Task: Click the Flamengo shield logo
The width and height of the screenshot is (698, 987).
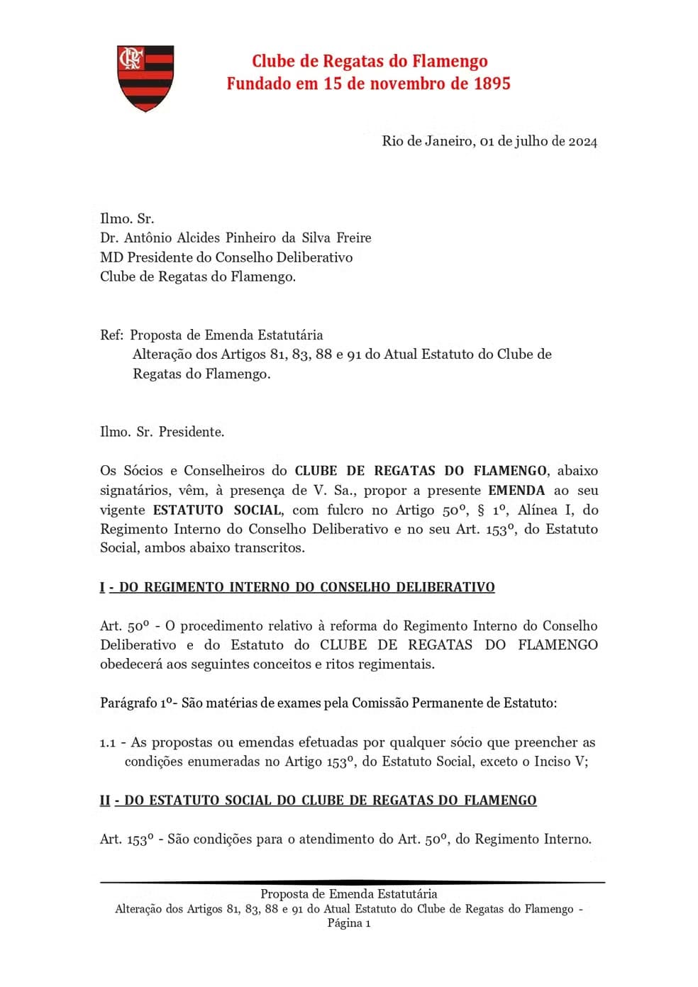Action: pyautogui.click(x=145, y=78)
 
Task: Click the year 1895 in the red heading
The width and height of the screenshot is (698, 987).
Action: pyautogui.click(x=492, y=84)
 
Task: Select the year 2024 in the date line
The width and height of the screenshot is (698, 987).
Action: pyautogui.click(x=582, y=141)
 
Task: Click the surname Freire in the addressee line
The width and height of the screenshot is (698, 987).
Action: pyautogui.click(x=353, y=238)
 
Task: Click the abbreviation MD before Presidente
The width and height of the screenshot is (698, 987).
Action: pyautogui.click(x=111, y=257)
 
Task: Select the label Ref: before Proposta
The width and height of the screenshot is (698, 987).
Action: pyautogui.click(x=112, y=335)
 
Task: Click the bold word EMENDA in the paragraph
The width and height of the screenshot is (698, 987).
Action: pyautogui.click(x=516, y=490)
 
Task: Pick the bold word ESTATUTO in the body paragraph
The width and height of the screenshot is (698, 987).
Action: pyautogui.click(x=187, y=510)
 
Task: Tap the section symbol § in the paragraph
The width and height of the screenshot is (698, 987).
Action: pyautogui.click(x=482, y=510)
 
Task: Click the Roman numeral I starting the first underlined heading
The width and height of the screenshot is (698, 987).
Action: pyautogui.click(x=102, y=587)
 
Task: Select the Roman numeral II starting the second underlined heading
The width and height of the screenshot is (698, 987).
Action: pyautogui.click(x=105, y=801)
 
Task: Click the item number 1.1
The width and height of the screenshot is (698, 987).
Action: pyautogui.click(x=108, y=742)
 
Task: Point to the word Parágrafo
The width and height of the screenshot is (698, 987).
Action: pyautogui.click(x=128, y=703)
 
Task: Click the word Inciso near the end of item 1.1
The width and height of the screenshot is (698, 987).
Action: pyautogui.click(x=548, y=762)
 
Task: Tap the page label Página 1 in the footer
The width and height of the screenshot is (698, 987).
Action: pyautogui.click(x=349, y=923)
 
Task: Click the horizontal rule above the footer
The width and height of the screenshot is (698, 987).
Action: pyautogui.click(x=353, y=882)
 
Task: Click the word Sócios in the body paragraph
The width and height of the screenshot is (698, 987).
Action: pyautogui.click(x=144, y=471)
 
